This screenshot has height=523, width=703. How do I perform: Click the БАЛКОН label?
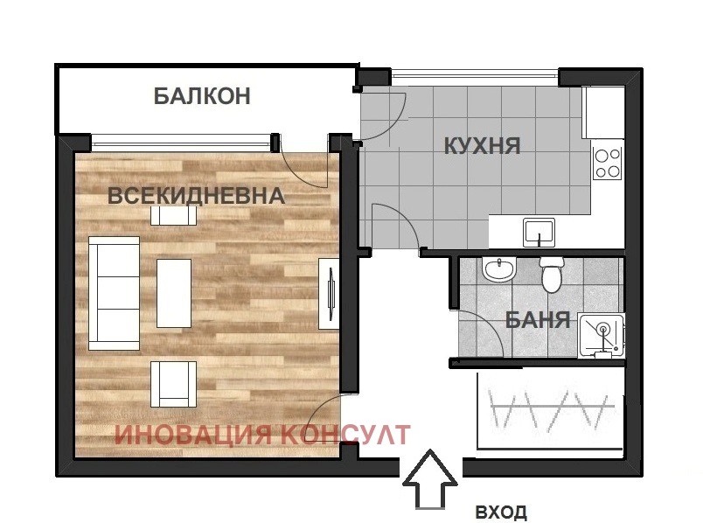(202, 96)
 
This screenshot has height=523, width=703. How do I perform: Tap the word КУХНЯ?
(483, 145)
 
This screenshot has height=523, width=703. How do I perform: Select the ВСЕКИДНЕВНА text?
(196, 195)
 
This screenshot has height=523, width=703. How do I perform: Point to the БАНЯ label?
(538, 320)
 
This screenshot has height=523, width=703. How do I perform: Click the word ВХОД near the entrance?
(501, 512)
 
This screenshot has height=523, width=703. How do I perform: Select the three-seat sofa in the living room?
(114, 292)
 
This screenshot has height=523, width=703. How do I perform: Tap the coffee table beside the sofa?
(174, 293)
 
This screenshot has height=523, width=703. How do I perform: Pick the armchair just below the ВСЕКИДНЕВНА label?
(168, 214)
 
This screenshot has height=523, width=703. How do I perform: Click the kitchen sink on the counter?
(539, 233)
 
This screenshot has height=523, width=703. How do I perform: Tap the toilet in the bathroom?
(552, 275)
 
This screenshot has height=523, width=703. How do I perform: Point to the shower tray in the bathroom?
(604, 336)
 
